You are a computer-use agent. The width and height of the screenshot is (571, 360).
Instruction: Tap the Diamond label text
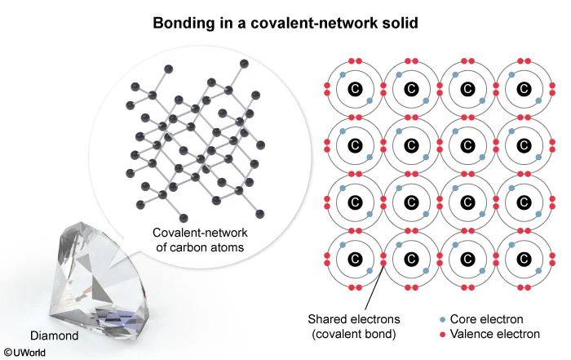[55, 336]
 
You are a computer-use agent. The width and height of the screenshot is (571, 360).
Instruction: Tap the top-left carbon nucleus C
[355, 89]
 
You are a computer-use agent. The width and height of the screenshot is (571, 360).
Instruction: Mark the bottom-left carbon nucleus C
[355, 259]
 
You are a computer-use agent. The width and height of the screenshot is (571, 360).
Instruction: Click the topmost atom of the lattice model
[169, 69]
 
